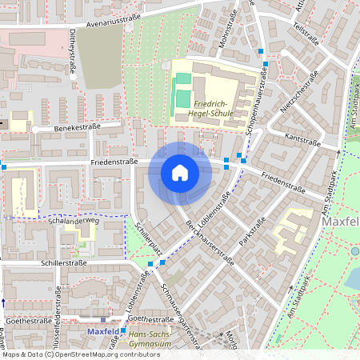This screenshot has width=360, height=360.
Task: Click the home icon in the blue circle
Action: (180, 172)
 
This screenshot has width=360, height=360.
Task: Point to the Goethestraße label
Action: (24, 318)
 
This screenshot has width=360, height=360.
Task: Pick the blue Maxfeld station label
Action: (102, 330)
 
